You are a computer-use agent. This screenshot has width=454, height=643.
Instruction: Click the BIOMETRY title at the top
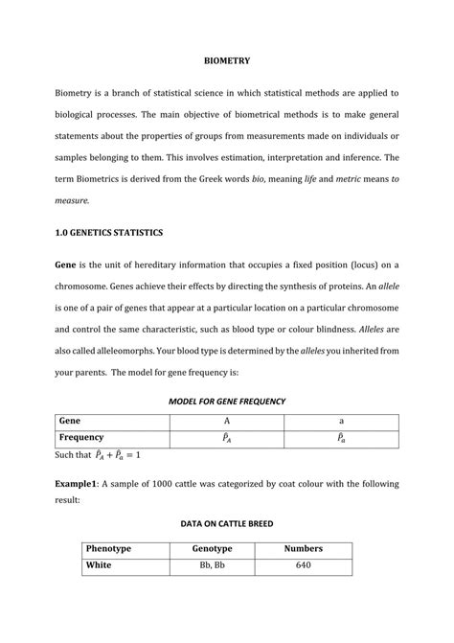(x=227, y=61)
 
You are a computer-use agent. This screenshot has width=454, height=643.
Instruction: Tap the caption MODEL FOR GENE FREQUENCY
(x=227, y=400)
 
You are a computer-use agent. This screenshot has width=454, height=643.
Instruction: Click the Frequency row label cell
(x=82, y=437)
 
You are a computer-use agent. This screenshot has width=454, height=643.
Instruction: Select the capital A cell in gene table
(x=228, y=420)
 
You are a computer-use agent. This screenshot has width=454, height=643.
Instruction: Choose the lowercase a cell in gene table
(x=341, y=420)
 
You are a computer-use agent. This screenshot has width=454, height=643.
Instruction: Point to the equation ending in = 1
(x=119, y=454)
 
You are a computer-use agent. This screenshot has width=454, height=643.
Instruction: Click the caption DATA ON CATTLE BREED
(x=227, y=524)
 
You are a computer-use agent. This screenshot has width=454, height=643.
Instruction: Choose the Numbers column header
(x=304, y=549)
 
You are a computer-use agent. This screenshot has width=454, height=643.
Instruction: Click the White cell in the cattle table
(x=99, y=566)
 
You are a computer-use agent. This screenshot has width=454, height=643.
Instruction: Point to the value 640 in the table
(x=304, y=566)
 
